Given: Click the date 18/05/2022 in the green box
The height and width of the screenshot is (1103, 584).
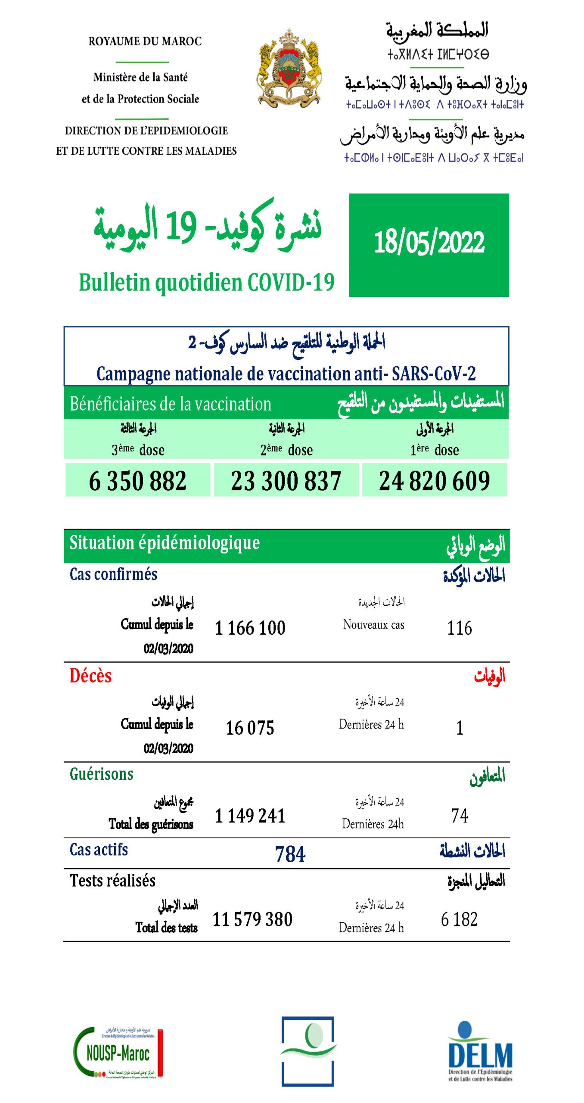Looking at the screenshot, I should [x=429, y=243].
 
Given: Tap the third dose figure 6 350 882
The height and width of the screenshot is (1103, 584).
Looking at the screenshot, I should [x=138, y=481].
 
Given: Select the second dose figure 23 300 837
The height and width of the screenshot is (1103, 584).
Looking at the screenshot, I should [x=286, y=481].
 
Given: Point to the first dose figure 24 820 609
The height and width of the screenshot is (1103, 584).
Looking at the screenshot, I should [x=434, y=481].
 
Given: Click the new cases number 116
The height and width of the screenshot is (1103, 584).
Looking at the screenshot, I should [x=459, y=628].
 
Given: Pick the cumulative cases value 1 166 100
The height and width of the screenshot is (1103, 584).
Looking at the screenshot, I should [x=250, y=628].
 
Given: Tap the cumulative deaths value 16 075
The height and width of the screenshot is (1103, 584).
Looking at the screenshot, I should [x=250, y=728].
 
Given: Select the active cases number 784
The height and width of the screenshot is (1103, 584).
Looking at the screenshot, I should [x=290, y=854].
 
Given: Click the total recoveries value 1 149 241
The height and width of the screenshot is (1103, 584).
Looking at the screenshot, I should [x=250, y=816].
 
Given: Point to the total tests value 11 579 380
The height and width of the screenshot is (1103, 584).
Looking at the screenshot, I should [x=252, y=919].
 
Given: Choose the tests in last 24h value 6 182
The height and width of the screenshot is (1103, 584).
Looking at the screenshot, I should [x=459, y=919].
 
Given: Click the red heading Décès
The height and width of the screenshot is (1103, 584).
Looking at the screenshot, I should [x=90, y=676].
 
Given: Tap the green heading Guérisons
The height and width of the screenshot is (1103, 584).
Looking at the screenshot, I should [x=102, y=774].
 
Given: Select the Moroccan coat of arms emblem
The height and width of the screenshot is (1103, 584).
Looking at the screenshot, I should [x=289, y=68].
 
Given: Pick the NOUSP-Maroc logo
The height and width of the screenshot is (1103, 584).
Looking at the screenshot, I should [x=118, y=1053].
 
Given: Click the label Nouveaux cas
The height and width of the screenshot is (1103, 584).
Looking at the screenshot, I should [x=373, y=624].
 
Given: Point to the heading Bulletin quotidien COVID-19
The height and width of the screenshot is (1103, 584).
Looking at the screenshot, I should [x=207, y=283].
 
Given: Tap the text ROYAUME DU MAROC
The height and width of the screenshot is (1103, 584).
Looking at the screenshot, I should [x=145, y=41].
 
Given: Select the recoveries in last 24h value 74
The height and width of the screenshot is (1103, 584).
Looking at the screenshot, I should [x=459, y=816].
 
